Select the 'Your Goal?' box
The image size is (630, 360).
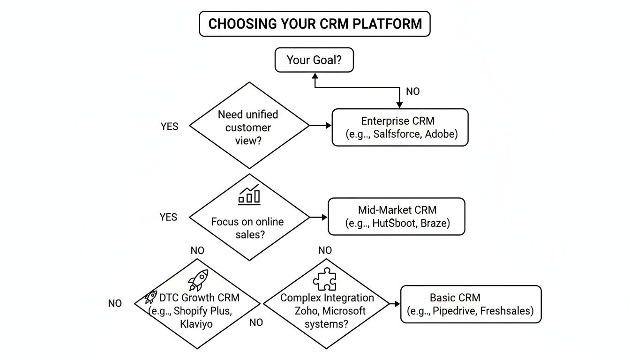click(314, 60)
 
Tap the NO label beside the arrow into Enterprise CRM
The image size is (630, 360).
click(412, 91)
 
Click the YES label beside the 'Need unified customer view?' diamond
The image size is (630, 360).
click(169, 127)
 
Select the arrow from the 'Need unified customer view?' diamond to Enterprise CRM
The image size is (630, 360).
click(321, 126)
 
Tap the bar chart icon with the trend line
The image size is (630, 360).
click(249, 195)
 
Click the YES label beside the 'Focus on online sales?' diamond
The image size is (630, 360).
click(168, 217)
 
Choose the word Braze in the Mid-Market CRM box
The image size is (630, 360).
click(435, 223)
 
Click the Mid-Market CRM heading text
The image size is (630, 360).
click(397, 210)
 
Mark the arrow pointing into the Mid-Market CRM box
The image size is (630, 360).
click(319, 217)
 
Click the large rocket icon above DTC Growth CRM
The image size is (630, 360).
click(198, 280)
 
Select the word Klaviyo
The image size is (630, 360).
click(196, 323)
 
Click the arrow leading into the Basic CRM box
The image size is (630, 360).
click(394, 304)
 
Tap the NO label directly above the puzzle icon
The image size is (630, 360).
click(325, 251)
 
